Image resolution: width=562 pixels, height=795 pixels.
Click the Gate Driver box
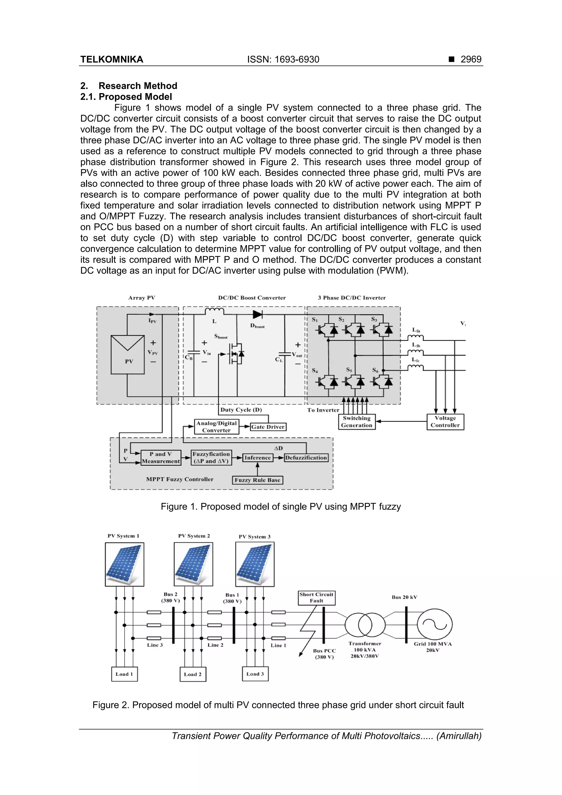pos(268,427)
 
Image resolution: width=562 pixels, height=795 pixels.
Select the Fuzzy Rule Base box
pos(257,480)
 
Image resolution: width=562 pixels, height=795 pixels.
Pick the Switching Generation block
pos(357,422)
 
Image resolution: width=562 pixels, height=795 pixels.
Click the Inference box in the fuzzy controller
pos(258,458)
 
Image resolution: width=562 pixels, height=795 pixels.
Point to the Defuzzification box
pos(306,458)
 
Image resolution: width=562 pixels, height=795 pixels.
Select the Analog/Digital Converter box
pos(217,426)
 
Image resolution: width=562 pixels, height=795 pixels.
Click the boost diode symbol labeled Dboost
pos(257,314)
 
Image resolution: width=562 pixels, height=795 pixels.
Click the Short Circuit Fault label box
pos(316,598)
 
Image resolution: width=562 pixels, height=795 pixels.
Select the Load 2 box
pos(193,674)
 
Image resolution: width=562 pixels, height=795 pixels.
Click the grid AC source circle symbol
pos(435,625)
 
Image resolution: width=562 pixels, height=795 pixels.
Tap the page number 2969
pos(471,60)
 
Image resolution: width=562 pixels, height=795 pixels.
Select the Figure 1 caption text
pos(280,507)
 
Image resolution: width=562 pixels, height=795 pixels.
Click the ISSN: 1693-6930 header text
pos(283,60)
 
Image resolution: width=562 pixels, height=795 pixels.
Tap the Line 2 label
pos(215,645)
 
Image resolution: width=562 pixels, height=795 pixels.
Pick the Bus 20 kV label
pos(404,597)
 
